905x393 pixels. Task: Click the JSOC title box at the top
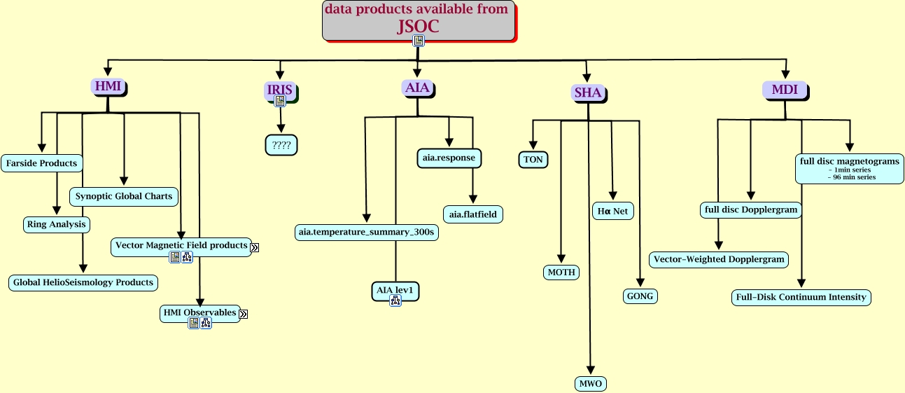[x=418, y=19]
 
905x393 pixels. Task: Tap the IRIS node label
[x=279, y=90]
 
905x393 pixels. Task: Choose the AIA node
[x=418, y=88]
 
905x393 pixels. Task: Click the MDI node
[x=785, y=90]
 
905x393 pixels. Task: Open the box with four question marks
[x=281, y=145]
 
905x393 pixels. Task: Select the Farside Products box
[x=41, y=163]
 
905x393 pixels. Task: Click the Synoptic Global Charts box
[x=124, y=196]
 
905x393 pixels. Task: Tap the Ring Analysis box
[x=56, y=225]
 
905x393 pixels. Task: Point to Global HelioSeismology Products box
[x=83, y=282]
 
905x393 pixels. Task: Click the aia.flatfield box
[x=472, y=213]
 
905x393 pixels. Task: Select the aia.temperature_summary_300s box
[x=367, y=232]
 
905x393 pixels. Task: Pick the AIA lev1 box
[x=395, y=290]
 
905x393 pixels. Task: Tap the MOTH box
[x=561, y=272]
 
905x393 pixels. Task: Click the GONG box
[x=640, y=296]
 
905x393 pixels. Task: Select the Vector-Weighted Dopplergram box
[x=719, y=259]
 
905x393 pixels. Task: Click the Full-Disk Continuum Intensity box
[x=801, y=297]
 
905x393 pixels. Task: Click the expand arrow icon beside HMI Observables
[x=243, y=314]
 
